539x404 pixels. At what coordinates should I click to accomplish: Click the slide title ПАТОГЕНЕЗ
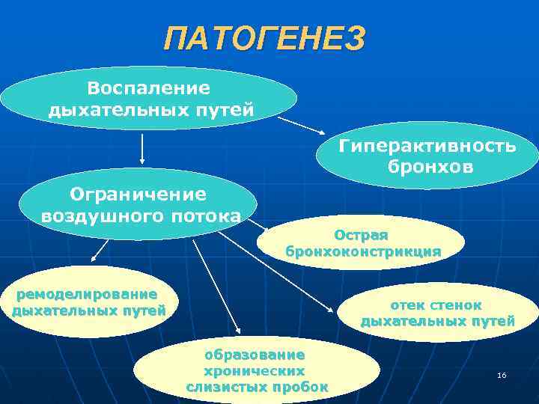tap(265, 38)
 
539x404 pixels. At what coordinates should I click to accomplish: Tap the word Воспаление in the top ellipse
tap(148, 88)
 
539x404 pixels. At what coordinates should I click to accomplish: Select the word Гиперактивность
tap(427, 145)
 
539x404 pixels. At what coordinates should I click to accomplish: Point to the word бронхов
tap(430, 165)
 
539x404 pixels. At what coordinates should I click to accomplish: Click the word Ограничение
tap(138, 195)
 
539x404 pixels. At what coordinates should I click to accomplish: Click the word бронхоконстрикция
tap(363, 251)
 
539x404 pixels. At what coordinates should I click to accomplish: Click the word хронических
tap(255, 370)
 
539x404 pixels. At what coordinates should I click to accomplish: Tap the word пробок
tap(301, 387)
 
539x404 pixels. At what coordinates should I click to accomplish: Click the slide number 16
tap(502, 375)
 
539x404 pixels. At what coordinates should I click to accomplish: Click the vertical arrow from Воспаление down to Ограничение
tap(142, 148)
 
